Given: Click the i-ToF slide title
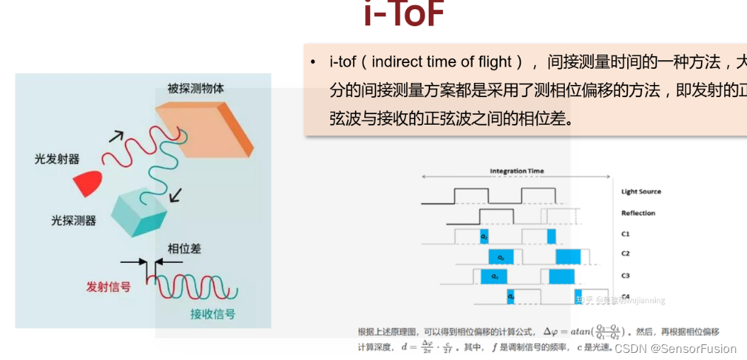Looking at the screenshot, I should [x=404, y=16].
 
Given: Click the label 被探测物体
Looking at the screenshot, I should [x=196, y=89].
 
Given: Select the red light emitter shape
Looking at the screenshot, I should [x=89, y=183].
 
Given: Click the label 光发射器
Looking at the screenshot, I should [x=57, y=159].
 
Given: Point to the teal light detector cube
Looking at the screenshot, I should [x=138, y=211].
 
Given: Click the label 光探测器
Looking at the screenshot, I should [x=73, y=220].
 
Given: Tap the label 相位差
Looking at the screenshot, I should [x=184, y=249].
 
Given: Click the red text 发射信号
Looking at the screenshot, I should [x=108, y=287].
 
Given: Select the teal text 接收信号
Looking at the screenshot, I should [x=213, y=314].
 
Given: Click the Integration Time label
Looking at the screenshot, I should [x=517, y=171].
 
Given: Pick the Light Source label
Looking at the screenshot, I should [x=641, y=192].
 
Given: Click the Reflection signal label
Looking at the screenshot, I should [x=638, y=213].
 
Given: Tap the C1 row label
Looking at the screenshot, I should [x=626, y=234].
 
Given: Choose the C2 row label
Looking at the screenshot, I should [x=626, y=254].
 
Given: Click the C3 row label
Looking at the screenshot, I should [x=626, y=276].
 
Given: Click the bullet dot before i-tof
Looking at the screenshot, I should [x=313, y=62].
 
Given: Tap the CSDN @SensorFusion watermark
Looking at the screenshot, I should [x=675, y=349].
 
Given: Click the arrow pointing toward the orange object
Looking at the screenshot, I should [x=116, y=136].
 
